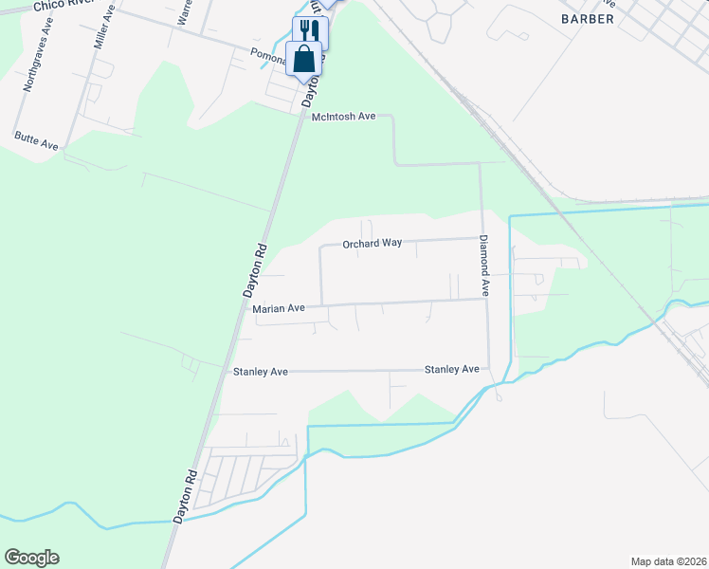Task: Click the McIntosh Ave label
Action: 344,117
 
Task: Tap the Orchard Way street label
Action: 372,244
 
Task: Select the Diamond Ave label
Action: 483,266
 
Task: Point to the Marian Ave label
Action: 279,309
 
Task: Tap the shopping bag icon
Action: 303,59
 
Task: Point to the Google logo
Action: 31,558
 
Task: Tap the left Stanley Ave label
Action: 260,373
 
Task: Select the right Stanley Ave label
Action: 451,369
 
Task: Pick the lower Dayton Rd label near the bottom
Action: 186,496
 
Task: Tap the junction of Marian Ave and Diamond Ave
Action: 487,300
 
